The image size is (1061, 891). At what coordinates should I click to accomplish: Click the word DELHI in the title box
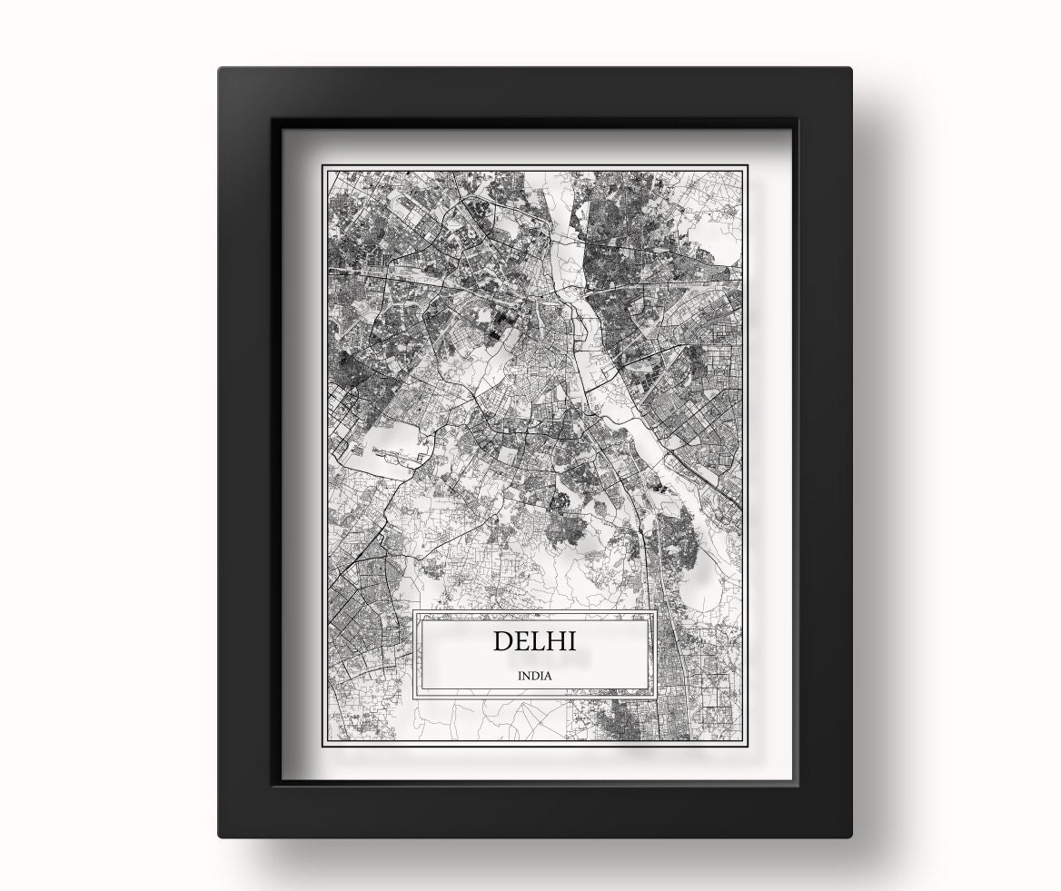534,641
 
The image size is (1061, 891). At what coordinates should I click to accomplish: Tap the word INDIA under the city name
534,676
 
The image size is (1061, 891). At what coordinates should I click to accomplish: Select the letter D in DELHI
503,641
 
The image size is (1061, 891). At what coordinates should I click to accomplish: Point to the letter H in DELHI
557,641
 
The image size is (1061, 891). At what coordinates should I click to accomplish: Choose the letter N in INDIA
527,676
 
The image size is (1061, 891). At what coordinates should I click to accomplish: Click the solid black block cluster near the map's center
499,326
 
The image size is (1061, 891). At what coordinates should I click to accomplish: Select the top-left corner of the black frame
220,69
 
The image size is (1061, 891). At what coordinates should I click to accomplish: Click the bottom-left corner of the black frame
220,836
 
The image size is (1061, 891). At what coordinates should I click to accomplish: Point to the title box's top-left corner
415,612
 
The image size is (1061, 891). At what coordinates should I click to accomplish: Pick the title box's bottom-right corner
655,698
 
